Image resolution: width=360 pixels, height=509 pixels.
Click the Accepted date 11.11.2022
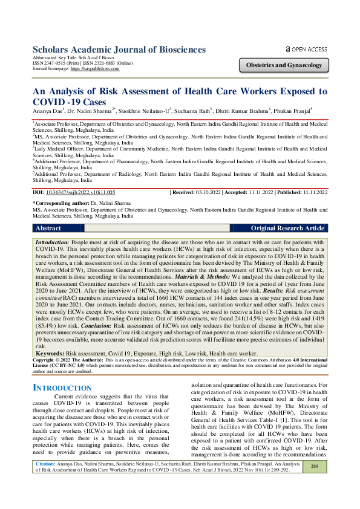(264, 192)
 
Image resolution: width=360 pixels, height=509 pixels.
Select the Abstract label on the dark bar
(48, 229)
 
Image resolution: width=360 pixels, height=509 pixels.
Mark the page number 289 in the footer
(315, 484)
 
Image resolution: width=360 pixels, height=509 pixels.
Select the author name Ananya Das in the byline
(49, 112)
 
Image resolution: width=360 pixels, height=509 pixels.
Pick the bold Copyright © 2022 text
(54, 358)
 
